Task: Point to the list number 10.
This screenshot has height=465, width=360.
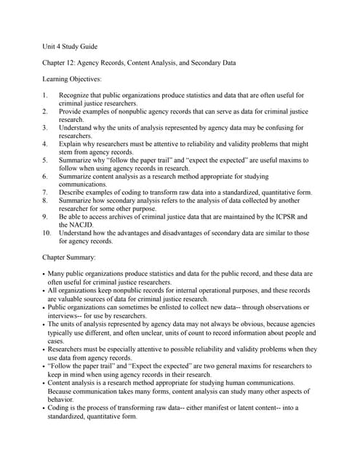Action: coord(47,233)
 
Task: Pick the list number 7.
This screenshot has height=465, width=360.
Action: coord(45,193)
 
